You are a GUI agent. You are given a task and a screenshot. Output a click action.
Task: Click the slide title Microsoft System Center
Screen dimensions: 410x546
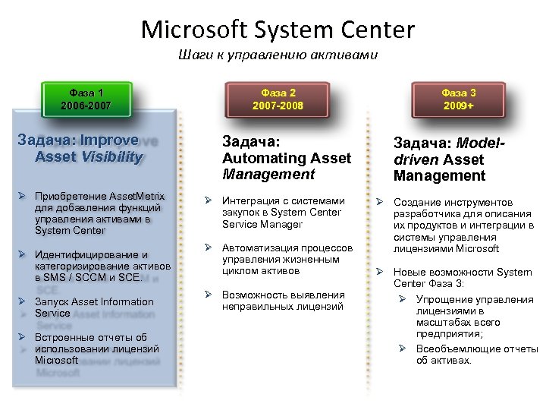[278, 30]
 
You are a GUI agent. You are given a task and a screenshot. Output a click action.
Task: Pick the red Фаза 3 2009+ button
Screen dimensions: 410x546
[458, 99]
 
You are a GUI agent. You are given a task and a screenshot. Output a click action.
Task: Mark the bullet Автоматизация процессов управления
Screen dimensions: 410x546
[287, 259]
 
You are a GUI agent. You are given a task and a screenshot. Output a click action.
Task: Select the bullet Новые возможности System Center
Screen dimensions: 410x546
[462, 278]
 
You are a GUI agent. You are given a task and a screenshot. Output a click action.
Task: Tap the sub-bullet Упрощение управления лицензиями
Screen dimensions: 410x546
[474, 317]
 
